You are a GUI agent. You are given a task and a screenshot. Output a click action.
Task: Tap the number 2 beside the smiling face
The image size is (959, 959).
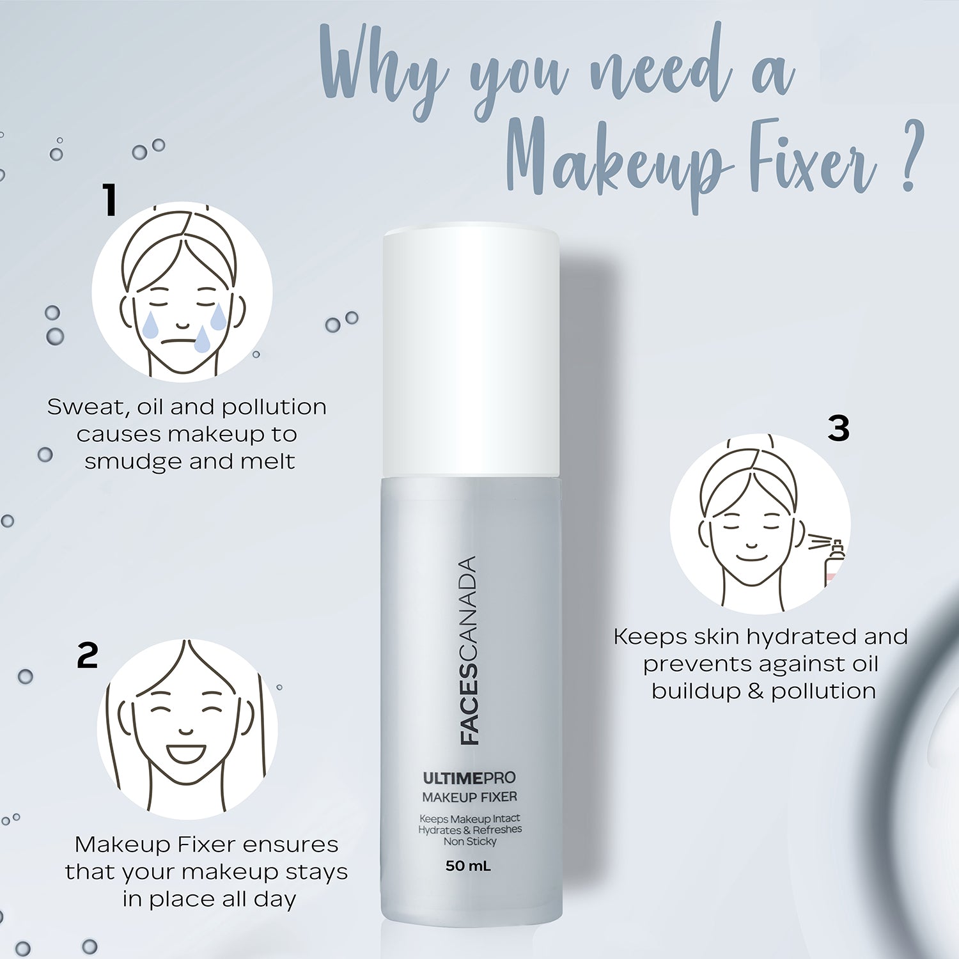point(88,655)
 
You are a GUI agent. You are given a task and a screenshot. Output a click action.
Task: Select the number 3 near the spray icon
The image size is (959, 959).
point(838,428)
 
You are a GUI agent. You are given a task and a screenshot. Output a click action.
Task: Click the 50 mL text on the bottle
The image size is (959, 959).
point(468,866)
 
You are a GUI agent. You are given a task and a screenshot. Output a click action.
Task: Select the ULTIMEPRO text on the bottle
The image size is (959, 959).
point(469,778)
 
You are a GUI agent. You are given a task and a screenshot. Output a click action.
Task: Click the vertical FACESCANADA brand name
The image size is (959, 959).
point(469,650)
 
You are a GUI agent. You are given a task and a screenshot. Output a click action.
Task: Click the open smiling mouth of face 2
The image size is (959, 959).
point(185,753)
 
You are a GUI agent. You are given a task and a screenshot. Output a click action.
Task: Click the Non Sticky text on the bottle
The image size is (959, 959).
point(470,841)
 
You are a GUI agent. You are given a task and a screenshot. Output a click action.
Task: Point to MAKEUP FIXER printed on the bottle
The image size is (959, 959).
point(469,797)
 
